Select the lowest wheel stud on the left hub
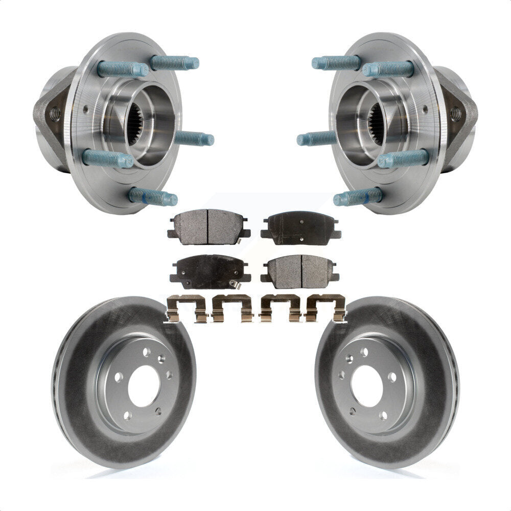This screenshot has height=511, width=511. tap(153, 197)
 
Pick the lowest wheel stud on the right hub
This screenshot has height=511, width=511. tap(358, 197)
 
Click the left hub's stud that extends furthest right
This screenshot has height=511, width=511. tap(194, 138)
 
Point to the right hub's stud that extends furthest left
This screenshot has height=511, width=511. tap(316, 138)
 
